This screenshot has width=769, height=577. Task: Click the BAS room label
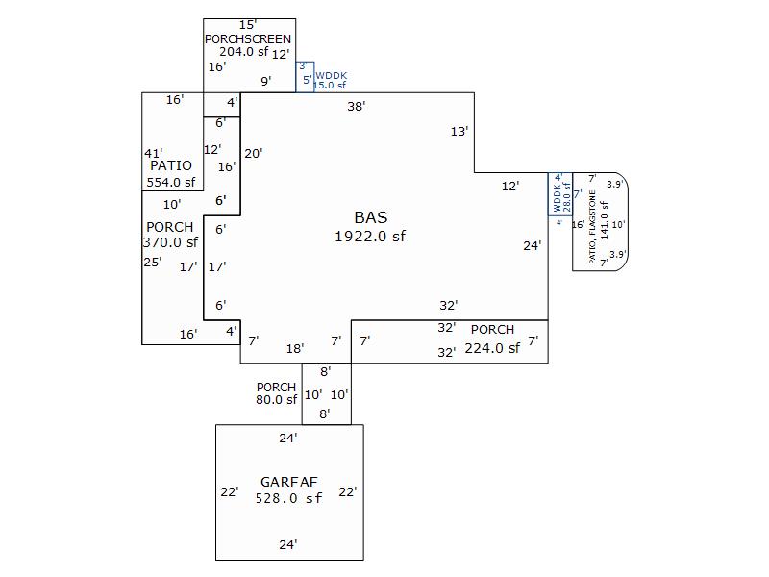pyautogui.click(x=371, y=217)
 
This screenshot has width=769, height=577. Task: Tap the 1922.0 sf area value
pyautogui.click(x=370, y=236)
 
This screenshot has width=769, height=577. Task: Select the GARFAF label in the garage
pyautogui.click(x=288, y=482)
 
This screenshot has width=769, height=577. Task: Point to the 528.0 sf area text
pyautogui.click(x=288, y=498)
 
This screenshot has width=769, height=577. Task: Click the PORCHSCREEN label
pyautogui.click(x=247, y=38)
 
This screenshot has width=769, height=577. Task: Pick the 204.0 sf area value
pyautogui.click(x=243, y=52)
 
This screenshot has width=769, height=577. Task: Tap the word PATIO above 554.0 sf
pyautogui.click(x=170, y=165)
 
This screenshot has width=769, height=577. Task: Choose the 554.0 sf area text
pyautogui.click(x=170, y=182)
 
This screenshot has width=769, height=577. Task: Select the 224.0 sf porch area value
pyautogui.click(x=492, y=348)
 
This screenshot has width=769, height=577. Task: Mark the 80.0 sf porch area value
pyautogui.click(x=276, y=400)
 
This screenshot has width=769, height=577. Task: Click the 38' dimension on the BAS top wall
pyautogui.click(x=357, y=107)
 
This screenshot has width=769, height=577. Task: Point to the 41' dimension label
pyautogui.click(x=153, y=153)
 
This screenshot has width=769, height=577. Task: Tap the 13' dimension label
pyautogui.click(x=459, y=132)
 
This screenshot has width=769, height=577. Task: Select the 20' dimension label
pyautogui.click(x=254, y=153)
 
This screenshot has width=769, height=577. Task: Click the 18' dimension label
pyautogui.click(x=295, y=348)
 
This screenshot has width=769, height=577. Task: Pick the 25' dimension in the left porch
pyautogui.click(x=152, y=262)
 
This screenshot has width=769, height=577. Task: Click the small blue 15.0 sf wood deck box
pyautogui.click(x=305, y=77)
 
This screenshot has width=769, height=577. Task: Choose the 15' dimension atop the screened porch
pyautogui.click(x=248, y=24)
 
